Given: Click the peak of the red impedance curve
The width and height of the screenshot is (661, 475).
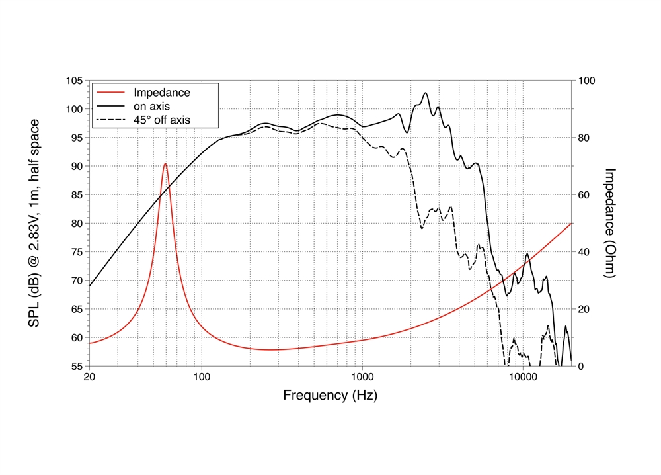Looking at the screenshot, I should tap(165, 164).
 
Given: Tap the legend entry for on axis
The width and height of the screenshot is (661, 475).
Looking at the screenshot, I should tap(153, 107).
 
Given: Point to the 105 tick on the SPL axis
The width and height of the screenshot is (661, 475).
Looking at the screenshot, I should tap(75, 81).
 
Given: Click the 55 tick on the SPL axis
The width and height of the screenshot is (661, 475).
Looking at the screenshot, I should tap(77, 366).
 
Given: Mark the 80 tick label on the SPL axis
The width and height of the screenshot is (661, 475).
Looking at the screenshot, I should tap(77, 224).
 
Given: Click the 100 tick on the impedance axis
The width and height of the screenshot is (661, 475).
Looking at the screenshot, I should tap(586, 81).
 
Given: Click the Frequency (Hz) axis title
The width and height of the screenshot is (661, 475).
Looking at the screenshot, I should tap(330, 396).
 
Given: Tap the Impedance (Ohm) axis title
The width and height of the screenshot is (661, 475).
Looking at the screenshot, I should tap(610, 223).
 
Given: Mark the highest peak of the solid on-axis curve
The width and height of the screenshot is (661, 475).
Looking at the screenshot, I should tap(425, 93).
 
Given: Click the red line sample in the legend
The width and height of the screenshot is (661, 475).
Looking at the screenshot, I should tap(111, 93).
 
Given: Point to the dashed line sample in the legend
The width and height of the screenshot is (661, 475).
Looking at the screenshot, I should tap(111, 120).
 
